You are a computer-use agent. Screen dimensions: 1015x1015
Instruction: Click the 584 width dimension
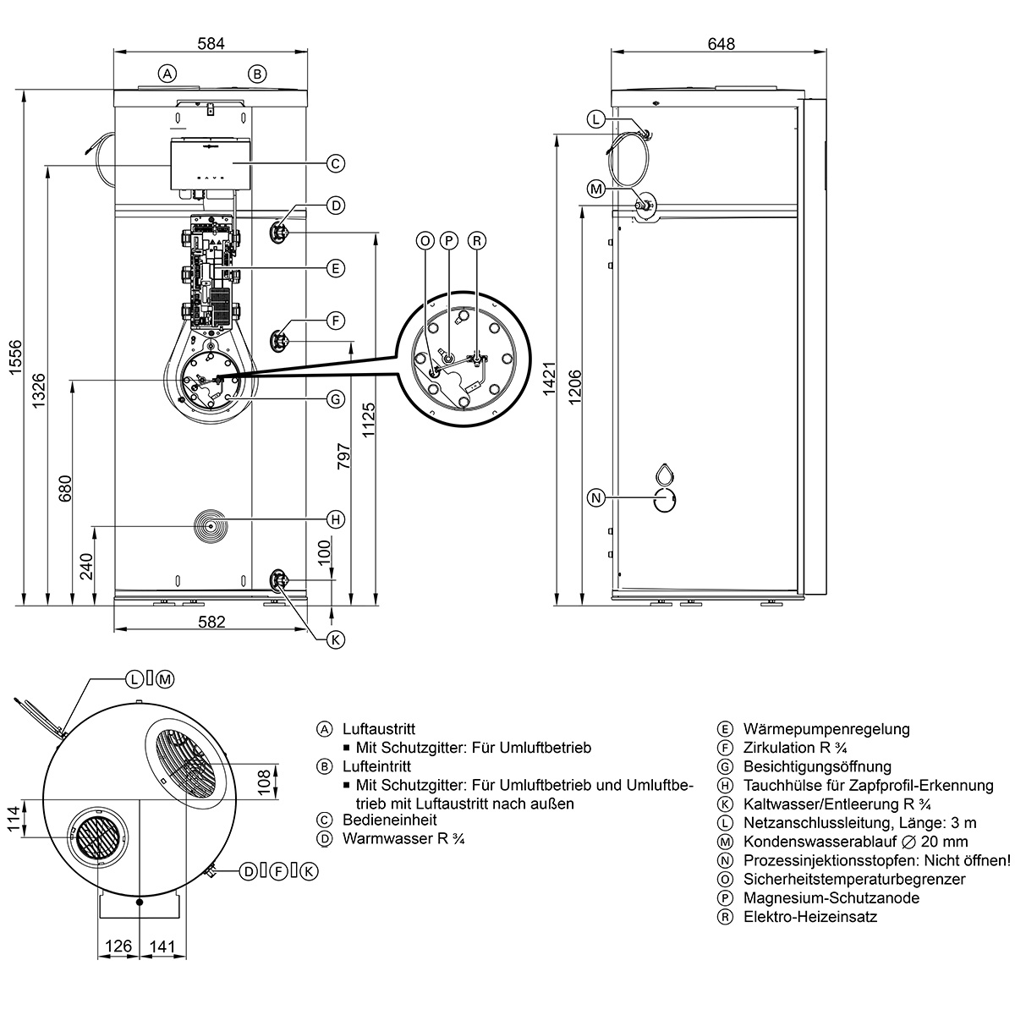click(211, 43)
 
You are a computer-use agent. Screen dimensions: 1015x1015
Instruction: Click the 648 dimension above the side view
click(721, 43)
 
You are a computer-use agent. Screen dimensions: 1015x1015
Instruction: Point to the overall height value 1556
click(16, 357)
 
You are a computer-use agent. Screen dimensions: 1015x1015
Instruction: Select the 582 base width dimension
click(211, 622)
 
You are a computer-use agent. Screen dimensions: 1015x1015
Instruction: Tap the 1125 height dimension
click(368, 420)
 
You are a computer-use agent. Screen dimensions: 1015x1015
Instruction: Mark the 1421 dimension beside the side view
click(549, 379)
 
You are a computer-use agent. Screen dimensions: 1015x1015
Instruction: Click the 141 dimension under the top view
click(162, 946)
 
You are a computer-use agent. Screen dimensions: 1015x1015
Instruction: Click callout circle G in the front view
click(336, 398)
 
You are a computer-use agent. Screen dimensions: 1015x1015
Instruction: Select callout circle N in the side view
click(596, 497)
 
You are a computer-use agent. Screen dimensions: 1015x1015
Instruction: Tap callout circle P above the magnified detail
click(449, 241)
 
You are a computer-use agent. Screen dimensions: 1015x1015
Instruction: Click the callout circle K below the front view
click(336, 640)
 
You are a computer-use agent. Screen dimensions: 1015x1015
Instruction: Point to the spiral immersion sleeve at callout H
click(210, 525)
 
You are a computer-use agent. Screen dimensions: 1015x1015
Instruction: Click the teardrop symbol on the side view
click(666, 474)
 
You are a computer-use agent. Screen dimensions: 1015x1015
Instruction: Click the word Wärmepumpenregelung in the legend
click(826, 729)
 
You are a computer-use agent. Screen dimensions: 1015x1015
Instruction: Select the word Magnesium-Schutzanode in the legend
click(831, 898)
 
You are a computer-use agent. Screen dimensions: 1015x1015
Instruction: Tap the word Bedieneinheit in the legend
click(390, 820)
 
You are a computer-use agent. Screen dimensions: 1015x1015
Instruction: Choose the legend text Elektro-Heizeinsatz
click(810, 917)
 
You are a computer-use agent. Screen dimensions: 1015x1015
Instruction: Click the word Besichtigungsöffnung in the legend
click(817, 767)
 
